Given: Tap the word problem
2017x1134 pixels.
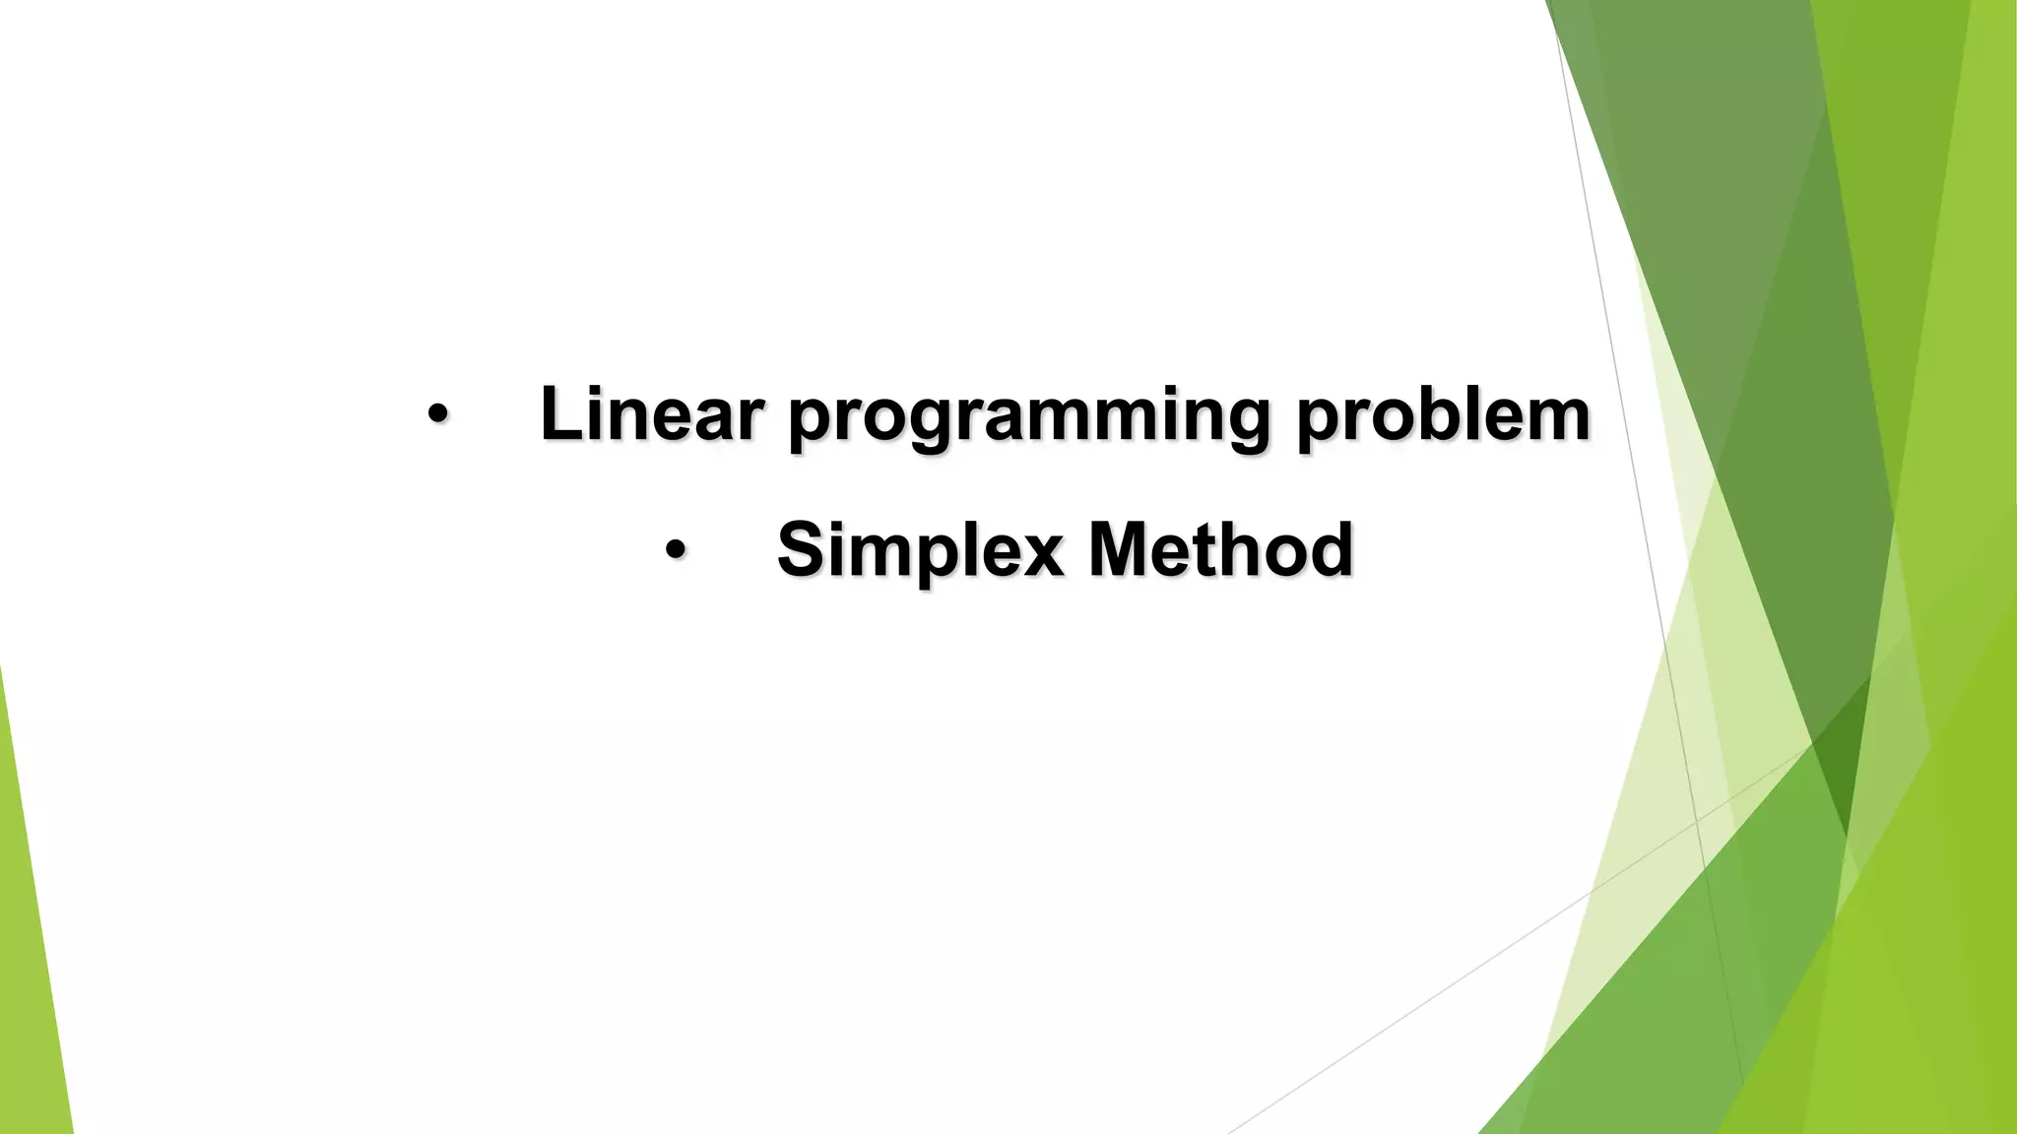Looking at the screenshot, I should (x=1443, y=415).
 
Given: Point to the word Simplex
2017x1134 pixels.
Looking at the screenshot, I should (x=920, y=550).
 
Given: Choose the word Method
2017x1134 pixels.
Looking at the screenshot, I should (x=1220, y=549).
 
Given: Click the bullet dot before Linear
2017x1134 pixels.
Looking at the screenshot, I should (x=437, y=414).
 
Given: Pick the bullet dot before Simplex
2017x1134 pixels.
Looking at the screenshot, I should (x=674, y=550).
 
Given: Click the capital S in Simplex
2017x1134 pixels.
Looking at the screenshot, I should (x=799, y=549).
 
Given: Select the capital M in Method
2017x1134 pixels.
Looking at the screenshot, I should (x=1118, y=549).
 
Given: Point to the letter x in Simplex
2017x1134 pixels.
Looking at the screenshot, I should (x=1043, y=555).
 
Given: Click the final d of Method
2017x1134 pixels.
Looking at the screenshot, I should (x=1332, y=549).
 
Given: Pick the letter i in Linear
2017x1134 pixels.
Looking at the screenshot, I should (x=598, y=413).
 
